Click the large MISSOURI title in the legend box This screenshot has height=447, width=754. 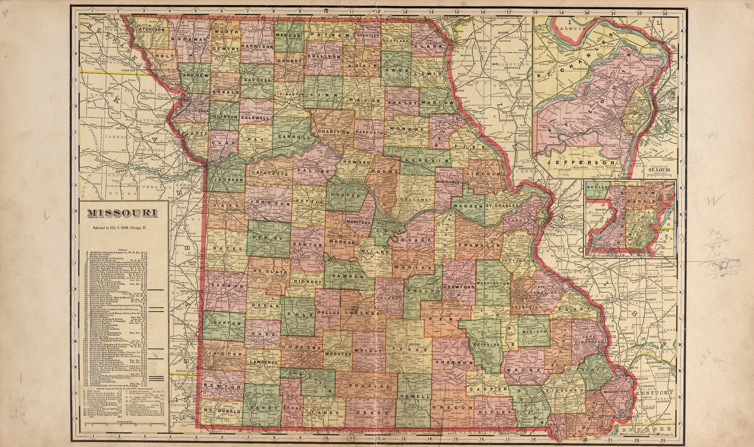click(x=122, y=213)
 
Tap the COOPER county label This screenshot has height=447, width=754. click(x=346, y=196)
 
